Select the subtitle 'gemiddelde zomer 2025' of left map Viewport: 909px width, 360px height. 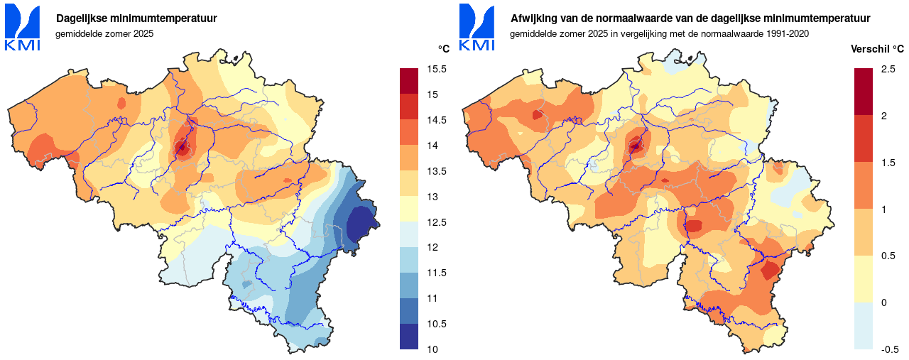(104, 33)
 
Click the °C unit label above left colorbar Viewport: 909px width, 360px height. (443, 49)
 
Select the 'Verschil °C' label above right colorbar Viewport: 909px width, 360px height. (878, 49)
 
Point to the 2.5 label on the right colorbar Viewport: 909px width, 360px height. (888, 69)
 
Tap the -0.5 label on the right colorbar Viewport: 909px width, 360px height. (890, 349)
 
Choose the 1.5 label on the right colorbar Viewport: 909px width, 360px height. (888, 163)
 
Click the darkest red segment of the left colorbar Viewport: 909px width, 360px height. (410, 81)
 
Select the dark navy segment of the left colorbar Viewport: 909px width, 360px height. (410, 337)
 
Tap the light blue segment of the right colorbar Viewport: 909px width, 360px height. (863, 326)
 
